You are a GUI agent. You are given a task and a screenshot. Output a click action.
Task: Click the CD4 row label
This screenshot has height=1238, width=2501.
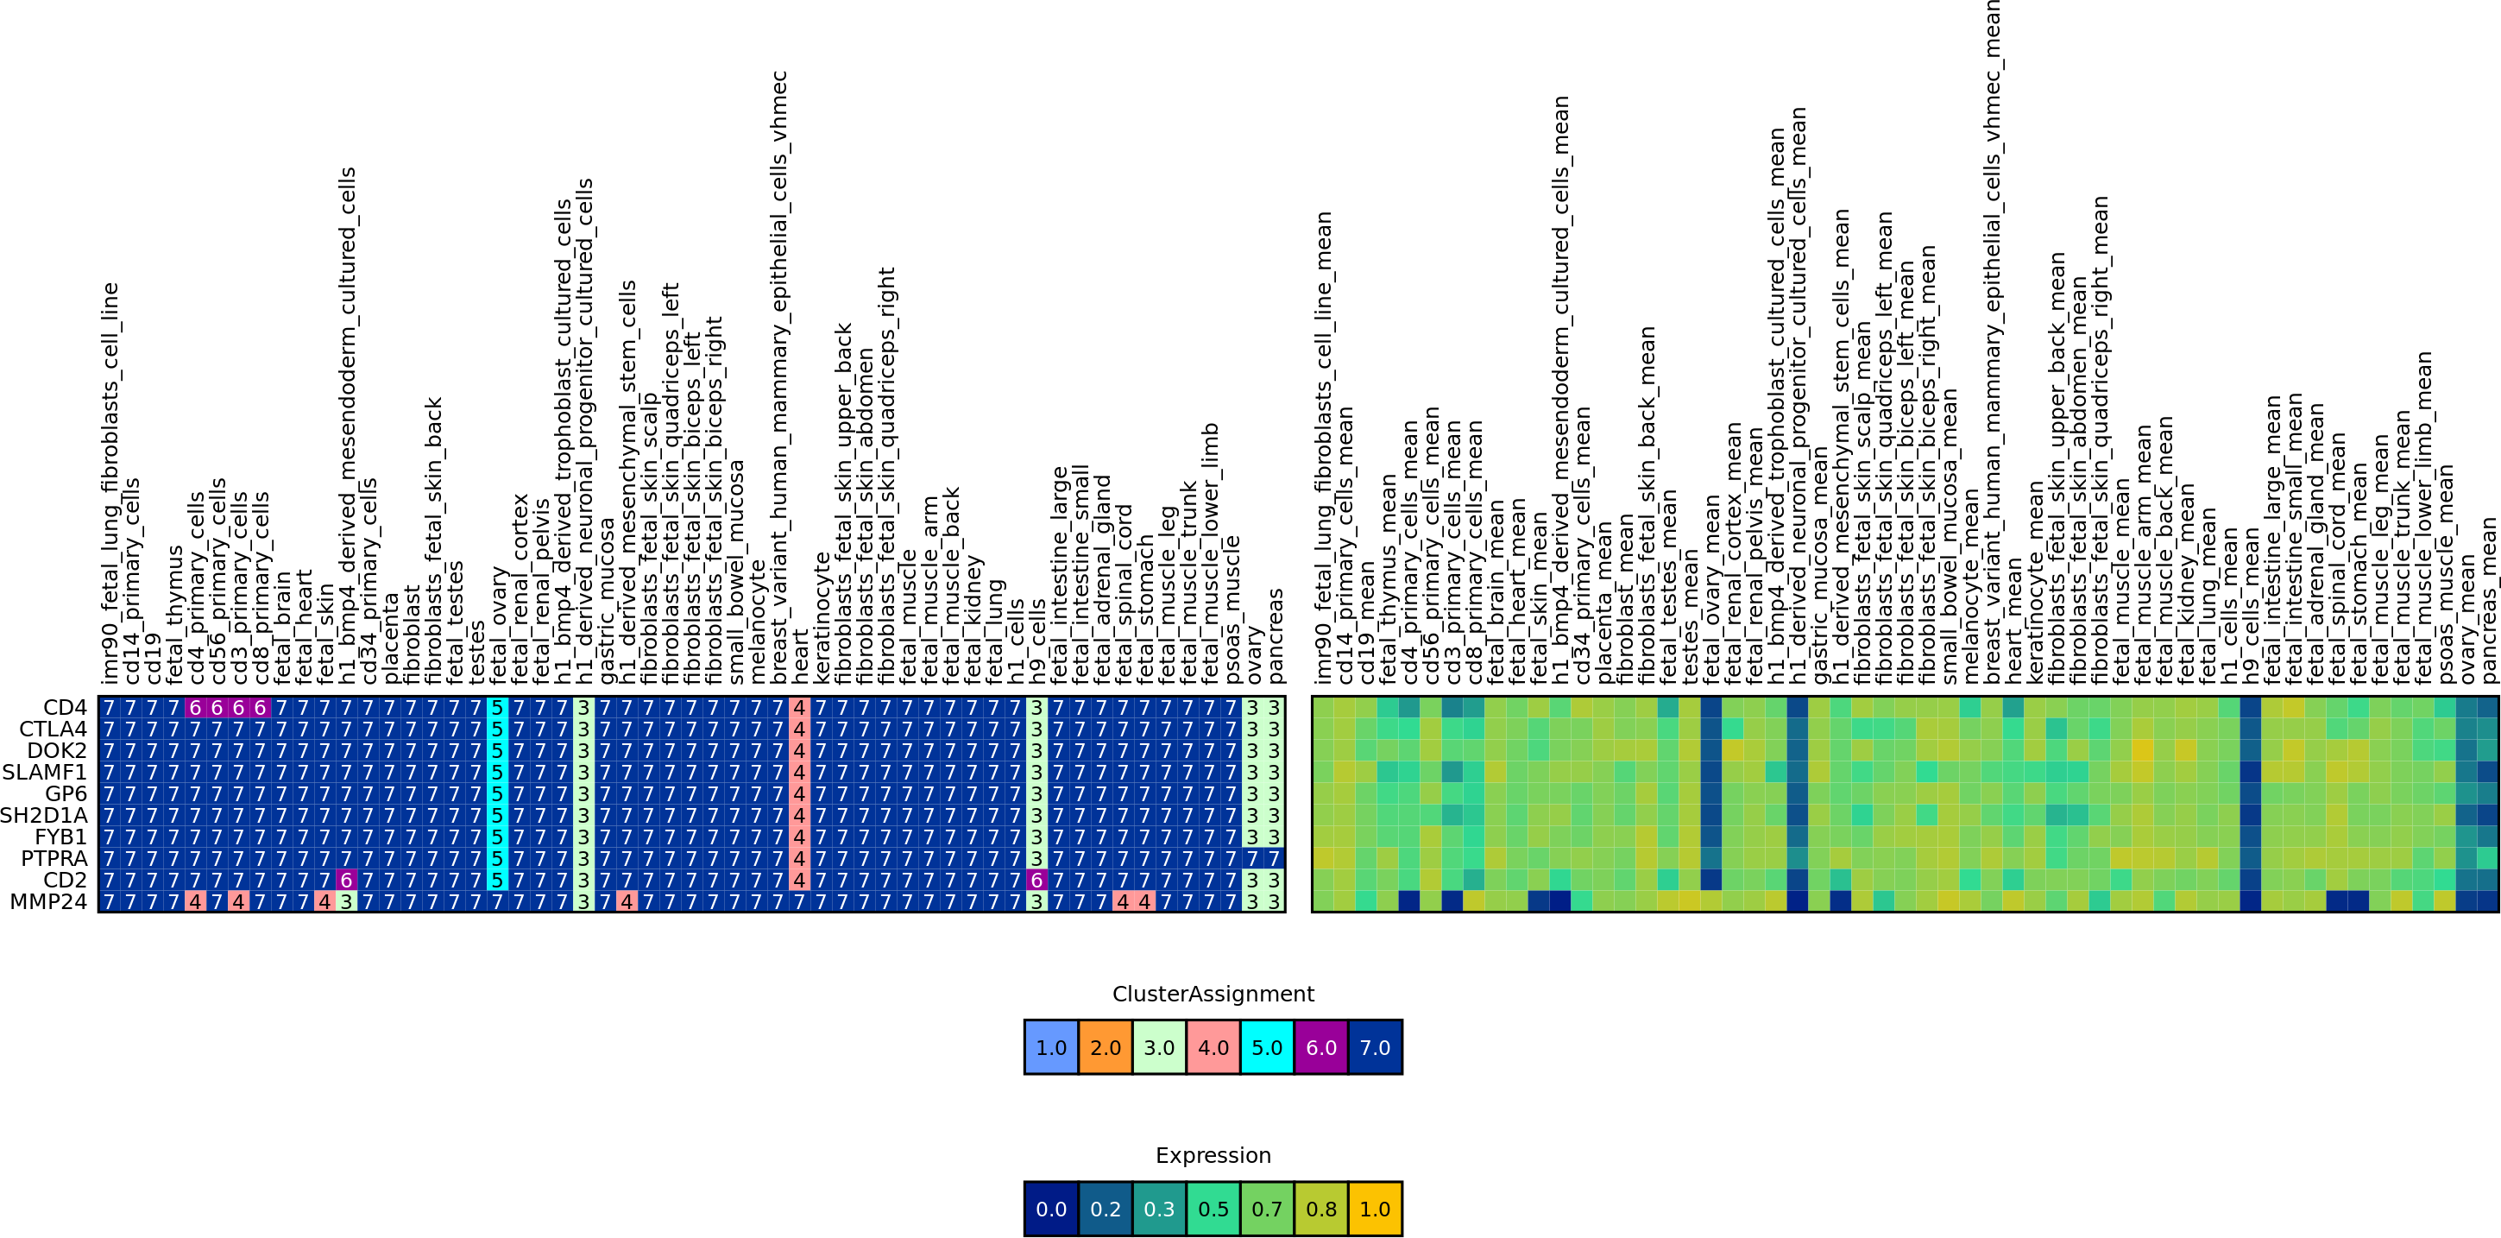[64, 708]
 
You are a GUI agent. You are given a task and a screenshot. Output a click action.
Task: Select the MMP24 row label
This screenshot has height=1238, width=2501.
[47, 902]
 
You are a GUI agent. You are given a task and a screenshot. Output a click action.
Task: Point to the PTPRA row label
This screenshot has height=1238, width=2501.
[54, 859]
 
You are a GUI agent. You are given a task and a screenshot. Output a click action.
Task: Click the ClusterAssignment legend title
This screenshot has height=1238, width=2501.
[1213, 995]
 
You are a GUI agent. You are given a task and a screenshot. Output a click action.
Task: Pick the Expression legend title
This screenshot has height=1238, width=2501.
[1213, 1155]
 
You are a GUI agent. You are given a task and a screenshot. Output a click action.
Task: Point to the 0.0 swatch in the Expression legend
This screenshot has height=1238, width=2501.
[1051, 1209]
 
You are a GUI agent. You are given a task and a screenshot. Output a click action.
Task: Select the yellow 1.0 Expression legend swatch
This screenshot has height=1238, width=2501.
[1375, 1209]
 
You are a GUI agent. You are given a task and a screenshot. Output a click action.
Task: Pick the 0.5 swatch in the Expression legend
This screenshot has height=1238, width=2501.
[1213, 1209]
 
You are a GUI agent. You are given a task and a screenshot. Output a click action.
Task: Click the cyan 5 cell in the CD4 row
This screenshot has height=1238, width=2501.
[497, 708]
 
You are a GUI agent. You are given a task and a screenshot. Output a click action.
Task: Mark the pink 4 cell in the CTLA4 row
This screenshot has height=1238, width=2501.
[799, 730]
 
